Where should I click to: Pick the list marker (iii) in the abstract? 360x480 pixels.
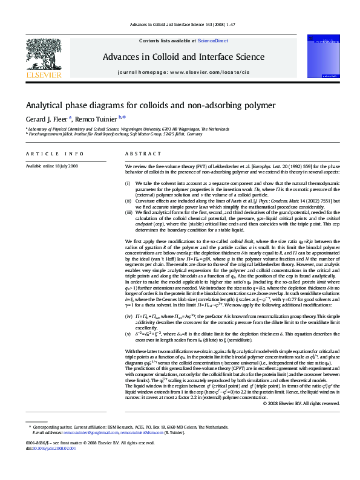(x=128, y=213)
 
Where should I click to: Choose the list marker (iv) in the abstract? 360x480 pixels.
(x=128, y=316)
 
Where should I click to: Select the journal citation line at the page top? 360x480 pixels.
(x=180, y=25)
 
